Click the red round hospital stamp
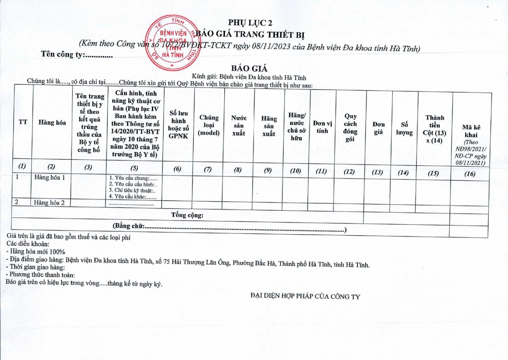[x=173, y=43]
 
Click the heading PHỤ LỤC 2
[x=250, y=23]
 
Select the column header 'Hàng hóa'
[x=52, y=123]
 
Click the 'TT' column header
[x=23, y=122]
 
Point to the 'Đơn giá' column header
[x=378, y=128]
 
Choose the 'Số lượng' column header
[x=404, y=129]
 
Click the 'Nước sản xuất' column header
[x=239, y=126]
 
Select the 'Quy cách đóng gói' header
[x=350, y=128]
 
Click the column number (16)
[x=470, y=174]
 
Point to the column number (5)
[x=134, y=168]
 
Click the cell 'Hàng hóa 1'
[x=50, y=177]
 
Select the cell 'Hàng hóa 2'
[x=49, y=203]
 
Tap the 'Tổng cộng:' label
[x=187, y=215]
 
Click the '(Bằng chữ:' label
[x=129, y=226]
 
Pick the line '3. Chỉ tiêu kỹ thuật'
[x=132, y=190]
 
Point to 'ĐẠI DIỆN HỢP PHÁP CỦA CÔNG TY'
[x=305, y=296]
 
